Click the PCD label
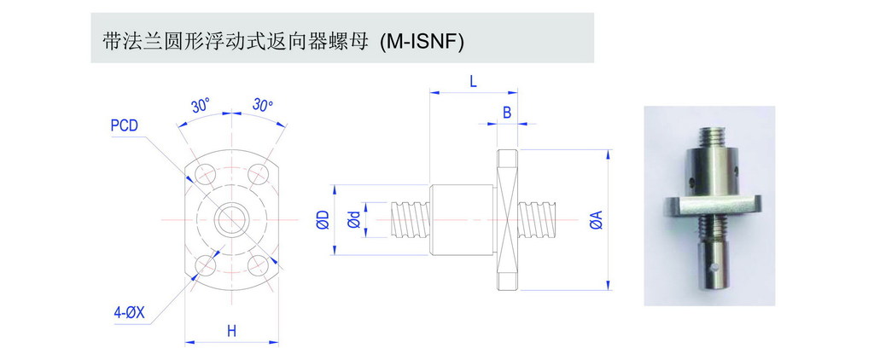[125, 126]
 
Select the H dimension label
[231, 331]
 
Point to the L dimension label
[473, 81]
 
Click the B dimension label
[507, 112]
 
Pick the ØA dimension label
[596, 221]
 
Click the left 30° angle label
[201, 107]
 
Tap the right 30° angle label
[262, 107]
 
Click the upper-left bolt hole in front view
[204, 173]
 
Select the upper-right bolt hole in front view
[257, 173]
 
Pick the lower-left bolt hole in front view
[205, 266]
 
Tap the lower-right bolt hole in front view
[257, 266]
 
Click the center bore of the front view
[230, 219]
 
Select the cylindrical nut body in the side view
[461, 220]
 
